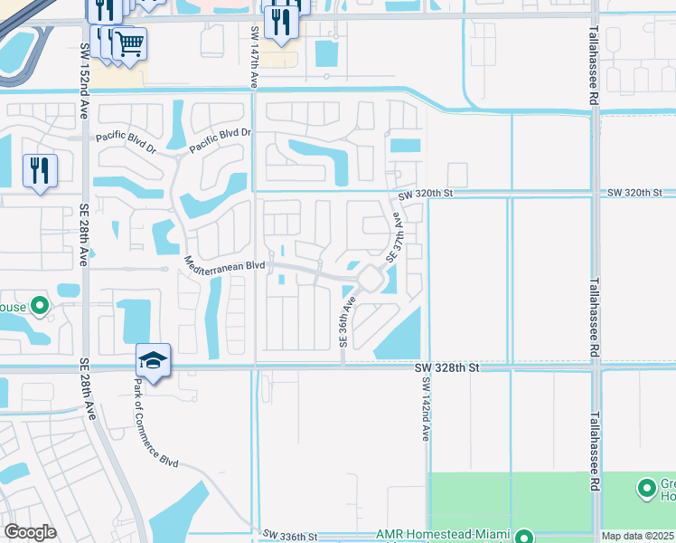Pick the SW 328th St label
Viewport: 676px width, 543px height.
[446, 367]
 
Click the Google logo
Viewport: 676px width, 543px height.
[30, 532]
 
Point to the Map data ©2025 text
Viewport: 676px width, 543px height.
[637, 536]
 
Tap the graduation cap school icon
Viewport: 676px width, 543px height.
[154, 360]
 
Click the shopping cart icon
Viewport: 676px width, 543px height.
[129, 42]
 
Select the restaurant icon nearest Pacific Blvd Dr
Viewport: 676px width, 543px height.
[40, 169]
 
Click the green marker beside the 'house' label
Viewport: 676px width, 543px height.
[39, 306]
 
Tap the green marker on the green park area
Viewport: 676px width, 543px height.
[646, 490]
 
